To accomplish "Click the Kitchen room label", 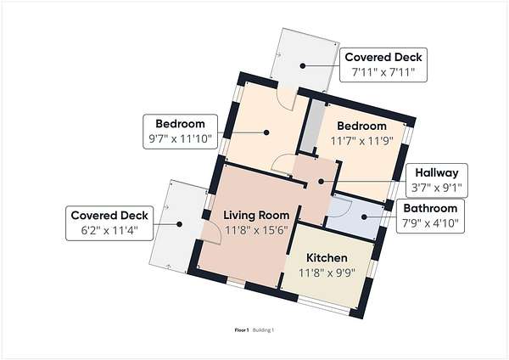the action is click(x=327, y=258).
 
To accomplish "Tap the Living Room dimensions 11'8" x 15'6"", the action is click(x=256, y=230).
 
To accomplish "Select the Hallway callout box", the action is click(x=437, y=180).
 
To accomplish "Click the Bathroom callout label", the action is click(x=430, y=208).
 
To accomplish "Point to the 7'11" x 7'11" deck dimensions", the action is click(x=383, y=72).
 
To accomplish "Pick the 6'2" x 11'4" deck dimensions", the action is click(x=109, y=230).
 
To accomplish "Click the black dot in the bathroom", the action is click(x=364, y=217).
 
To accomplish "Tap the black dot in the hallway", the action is click(x=321, y=182).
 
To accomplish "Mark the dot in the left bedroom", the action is click(x=266, y=132).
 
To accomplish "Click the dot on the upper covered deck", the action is click(x=303, y=65).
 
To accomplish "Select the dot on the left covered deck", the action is click(x=179, y=224).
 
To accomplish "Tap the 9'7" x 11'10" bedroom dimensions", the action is click(x=180, y=139).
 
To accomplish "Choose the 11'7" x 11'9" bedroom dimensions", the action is click(x=361, y=141).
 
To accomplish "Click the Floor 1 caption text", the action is click(x=242, y=330).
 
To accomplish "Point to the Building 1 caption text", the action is click(x=263, y=330).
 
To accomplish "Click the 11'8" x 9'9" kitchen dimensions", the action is click(x=327, y=273).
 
